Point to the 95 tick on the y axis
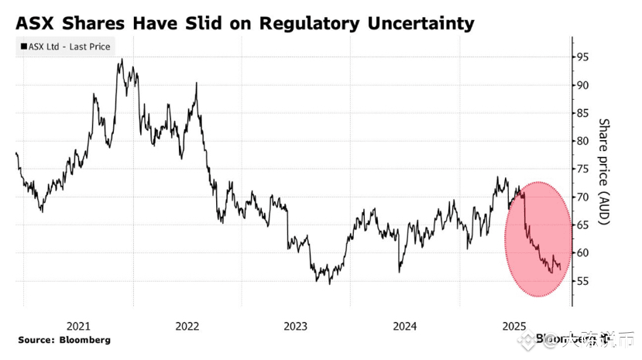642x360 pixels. point(580,57)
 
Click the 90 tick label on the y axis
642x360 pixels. point(580,85)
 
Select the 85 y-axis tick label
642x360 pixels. point(580,113)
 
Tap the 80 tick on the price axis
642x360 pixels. point(580,141)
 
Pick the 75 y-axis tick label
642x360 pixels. point(580,169)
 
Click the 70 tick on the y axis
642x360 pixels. point(580,197)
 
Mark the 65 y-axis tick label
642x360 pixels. point(580,225)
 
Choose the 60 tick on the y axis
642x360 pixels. point(580,253)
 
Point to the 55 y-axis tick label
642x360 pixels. point(580,281)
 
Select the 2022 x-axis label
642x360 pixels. point(187,326)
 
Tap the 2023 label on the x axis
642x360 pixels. point(297,326)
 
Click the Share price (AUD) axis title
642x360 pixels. point(605,172)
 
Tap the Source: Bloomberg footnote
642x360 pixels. point(64,340)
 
